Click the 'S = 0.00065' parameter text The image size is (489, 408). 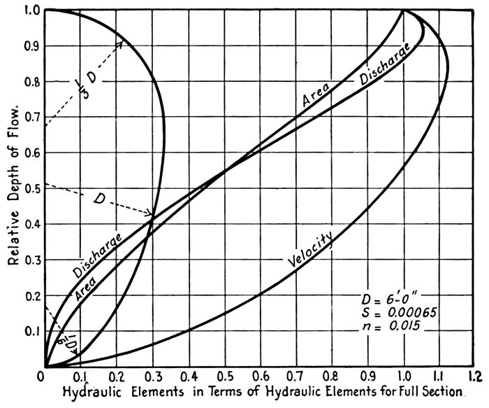click(x=395, y=314)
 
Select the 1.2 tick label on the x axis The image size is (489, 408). click(x=476, y=376)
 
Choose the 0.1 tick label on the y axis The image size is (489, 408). click(x=31, y=330)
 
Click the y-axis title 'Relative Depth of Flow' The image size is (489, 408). click(x=12, y=189)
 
